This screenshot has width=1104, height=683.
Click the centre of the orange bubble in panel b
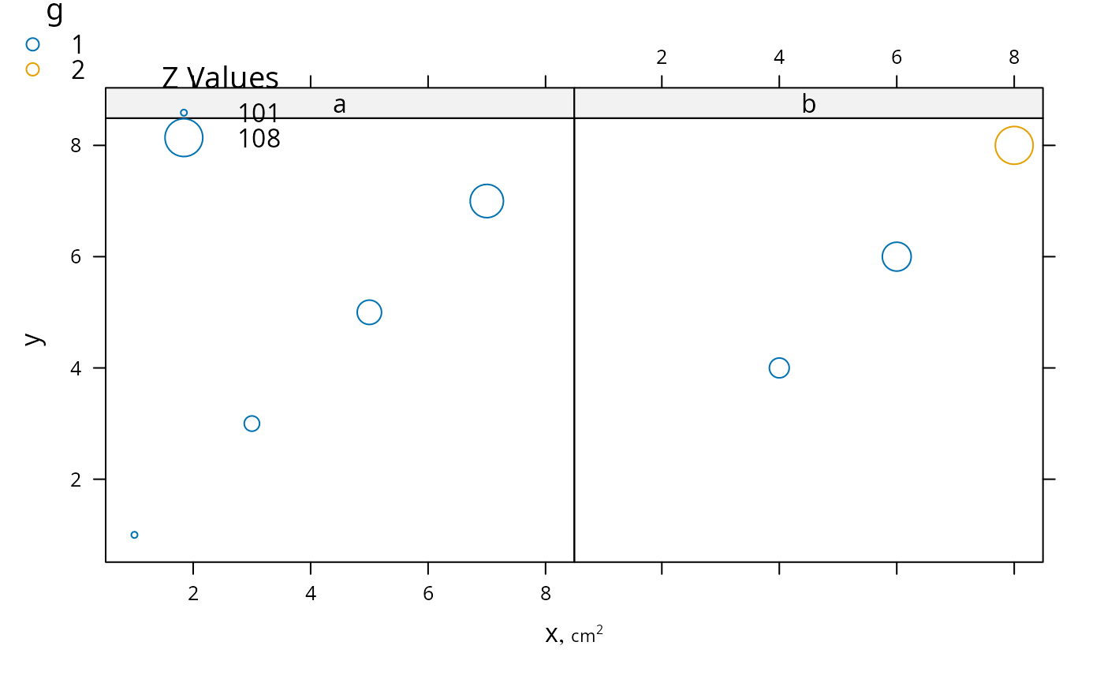click(x=1014, y=145)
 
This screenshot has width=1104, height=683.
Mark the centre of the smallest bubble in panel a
click(x=134, y=535)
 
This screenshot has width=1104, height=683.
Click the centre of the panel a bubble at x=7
click(x=487, y=201)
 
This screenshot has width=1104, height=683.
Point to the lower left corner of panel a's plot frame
click(x=106, y=562)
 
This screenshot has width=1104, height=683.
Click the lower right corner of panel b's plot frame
click(x=1042, y=562)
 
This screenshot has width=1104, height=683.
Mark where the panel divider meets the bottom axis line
click(x=574, y=562)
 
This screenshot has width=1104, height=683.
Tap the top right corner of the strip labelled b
click(x=1042, y=88)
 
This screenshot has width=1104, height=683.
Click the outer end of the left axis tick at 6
click(x=94, y=257)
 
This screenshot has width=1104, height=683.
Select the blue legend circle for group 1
click(x=32, y=44)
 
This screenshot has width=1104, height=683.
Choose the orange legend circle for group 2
click(x=32, y=69)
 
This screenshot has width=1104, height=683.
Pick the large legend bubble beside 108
click(x=183, y=138)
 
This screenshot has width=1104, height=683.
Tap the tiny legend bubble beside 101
click(x=184, y=113)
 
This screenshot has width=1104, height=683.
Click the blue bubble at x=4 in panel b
click(x=779, y=368)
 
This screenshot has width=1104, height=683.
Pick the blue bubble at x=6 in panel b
click(x=897, y=257)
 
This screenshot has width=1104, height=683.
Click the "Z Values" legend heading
click(x=220, y=78)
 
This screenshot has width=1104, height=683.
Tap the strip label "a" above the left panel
click(x=339, y=104)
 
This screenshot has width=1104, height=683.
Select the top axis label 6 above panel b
click(x=897, y=57)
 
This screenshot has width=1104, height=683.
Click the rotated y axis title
click(x=35, y=340)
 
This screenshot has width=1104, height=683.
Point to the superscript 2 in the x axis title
click(x=599, y=629)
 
